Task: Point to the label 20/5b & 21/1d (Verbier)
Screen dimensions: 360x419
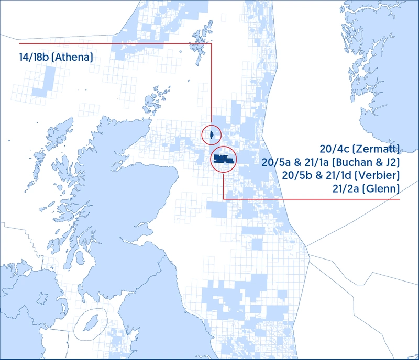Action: pyautogui.click(x=340, y=174)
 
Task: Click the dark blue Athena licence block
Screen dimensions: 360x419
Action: pyautogui.click(x=212, y=134)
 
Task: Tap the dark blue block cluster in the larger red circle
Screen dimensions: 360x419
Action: pyautogui.click(x=223, y=158)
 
